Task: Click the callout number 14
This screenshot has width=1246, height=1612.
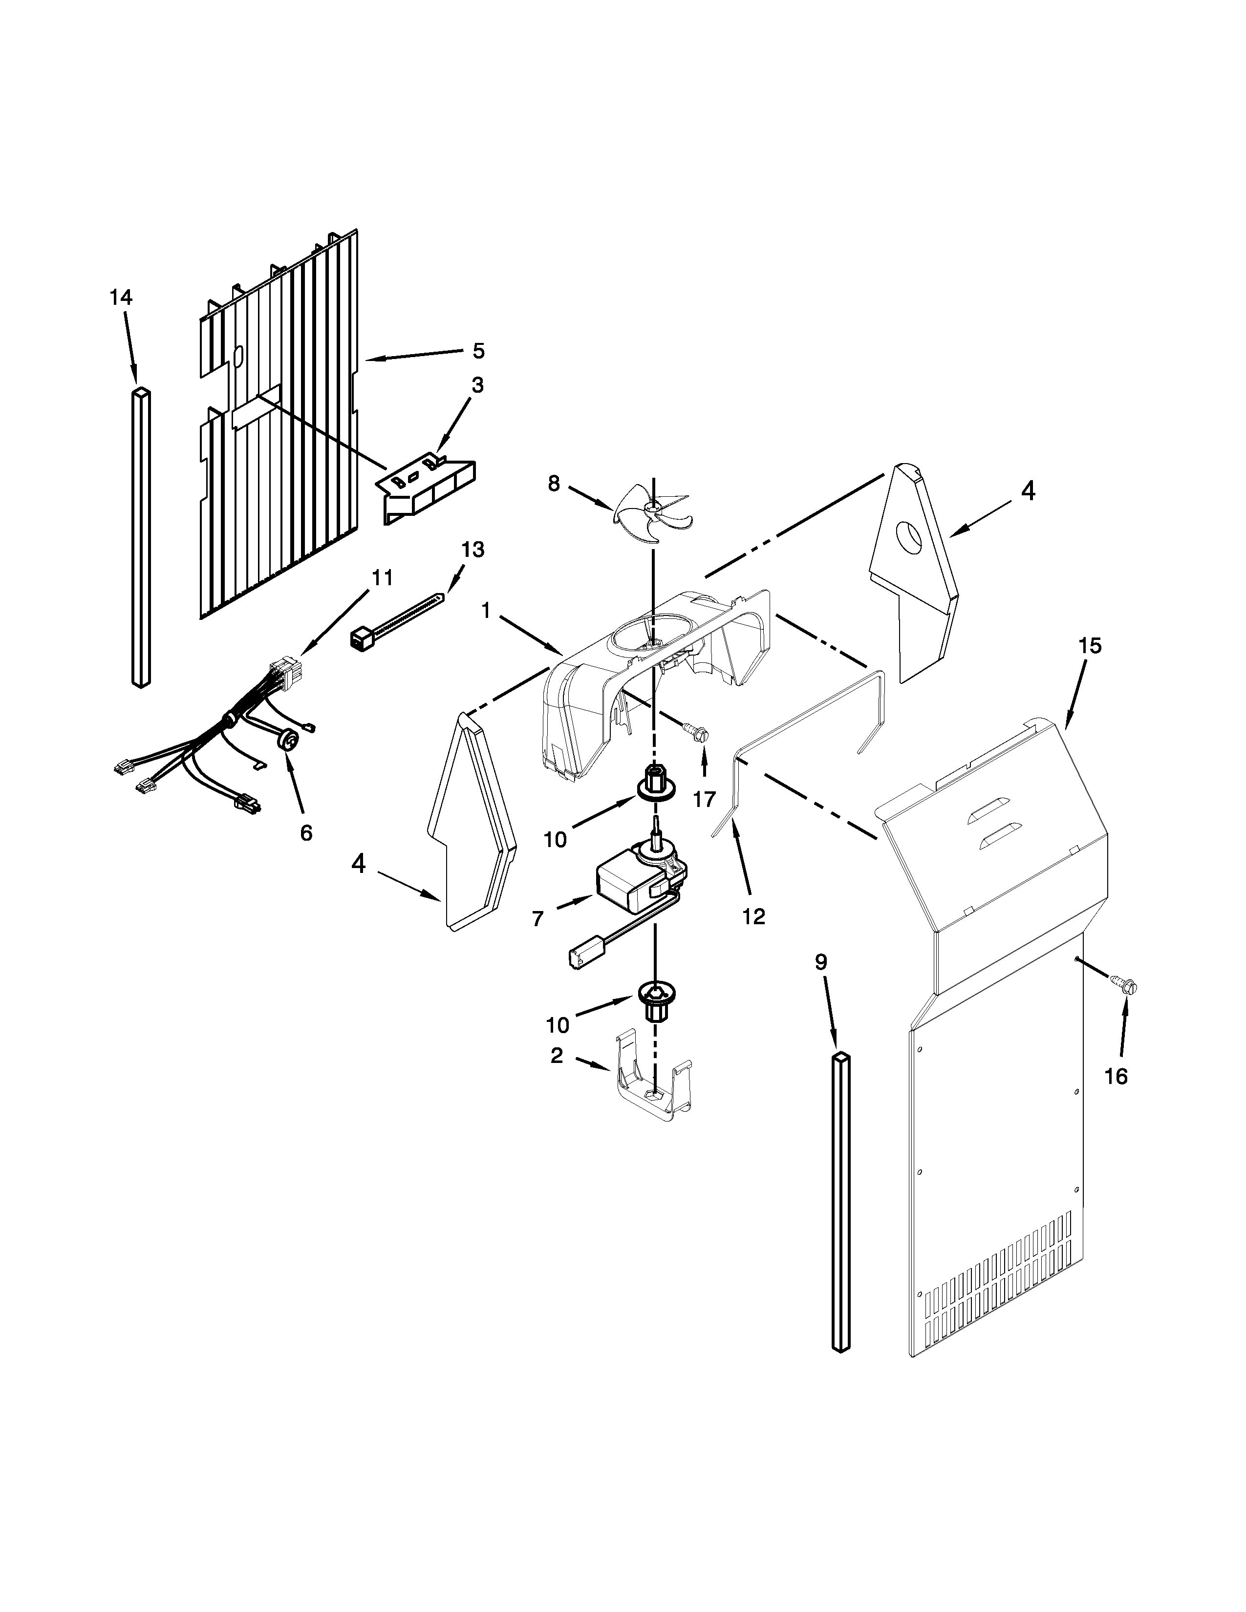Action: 121,297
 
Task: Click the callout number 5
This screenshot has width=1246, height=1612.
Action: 478,351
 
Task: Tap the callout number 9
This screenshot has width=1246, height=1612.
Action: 821,962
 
